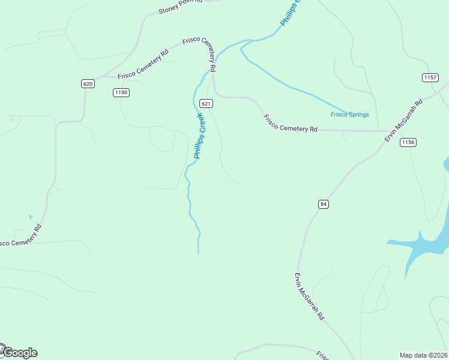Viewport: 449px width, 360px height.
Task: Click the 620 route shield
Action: [x=88, y=83]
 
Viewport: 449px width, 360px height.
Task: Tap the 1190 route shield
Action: [x=121, y=92]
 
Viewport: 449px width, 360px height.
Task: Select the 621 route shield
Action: [x=206, y=103]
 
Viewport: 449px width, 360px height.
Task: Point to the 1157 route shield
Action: [x=430, y=77]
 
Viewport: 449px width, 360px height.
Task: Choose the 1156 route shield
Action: [x=408, y=142]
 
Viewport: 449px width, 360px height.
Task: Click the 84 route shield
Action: [x=324, y=204]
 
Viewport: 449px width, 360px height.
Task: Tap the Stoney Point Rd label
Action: [x=179, y=7]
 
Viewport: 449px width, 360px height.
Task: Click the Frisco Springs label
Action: [x=349, y=115]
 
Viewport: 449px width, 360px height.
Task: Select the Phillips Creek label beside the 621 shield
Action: [x=200, y=136]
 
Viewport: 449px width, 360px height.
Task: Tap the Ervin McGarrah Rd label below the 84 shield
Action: [x=309, y=296]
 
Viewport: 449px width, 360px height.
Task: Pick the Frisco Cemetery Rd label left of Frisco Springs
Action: [x=290, y=122]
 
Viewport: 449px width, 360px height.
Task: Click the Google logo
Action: [x=19, y=353]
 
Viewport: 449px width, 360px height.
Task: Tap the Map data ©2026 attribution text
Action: [x=424, y=355]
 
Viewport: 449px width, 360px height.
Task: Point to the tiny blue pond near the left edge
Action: [x=30, y=217]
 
